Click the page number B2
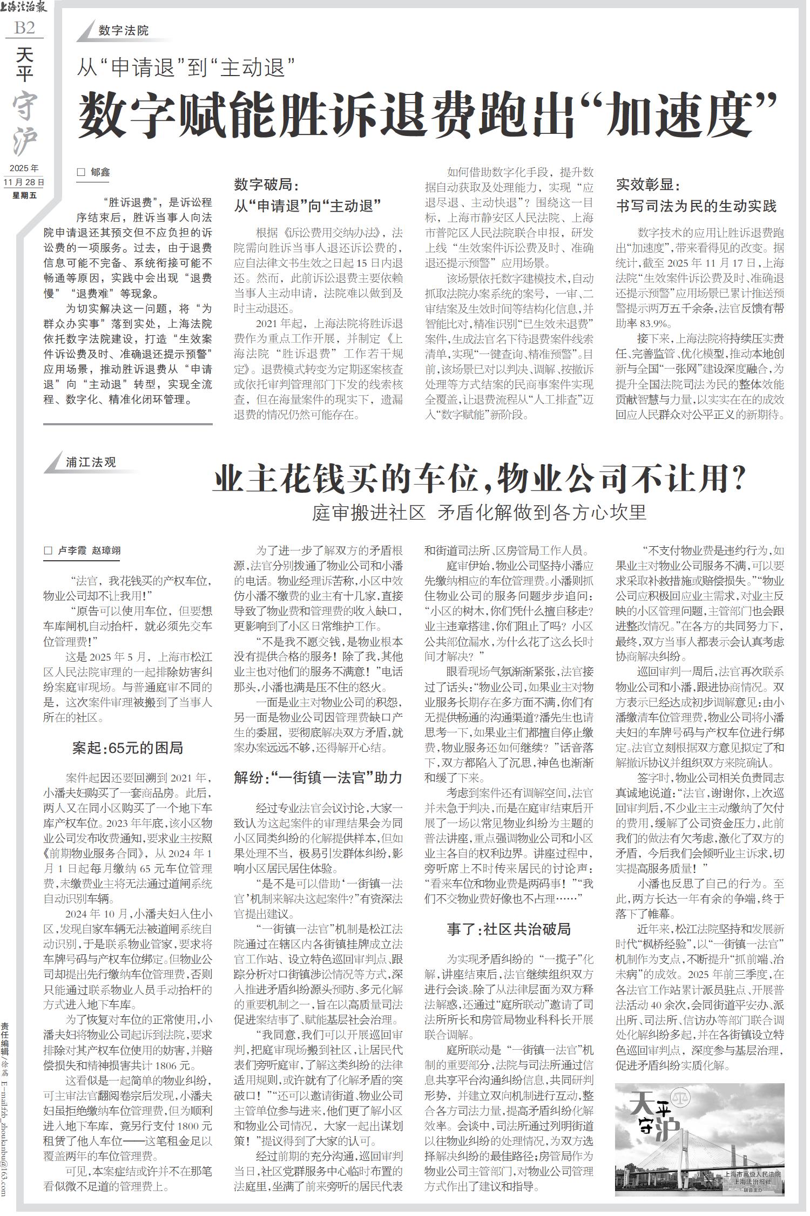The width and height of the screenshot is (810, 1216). pos(24,28)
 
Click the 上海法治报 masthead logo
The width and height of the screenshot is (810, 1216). pos(24,8)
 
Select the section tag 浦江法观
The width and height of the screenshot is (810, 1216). pos(91,463)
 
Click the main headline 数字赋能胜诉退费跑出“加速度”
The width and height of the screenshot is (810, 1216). pos(429,114)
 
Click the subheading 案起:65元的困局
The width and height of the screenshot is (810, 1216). pos(127,748)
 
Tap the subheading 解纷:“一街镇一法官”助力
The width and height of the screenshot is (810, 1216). pos(318,777)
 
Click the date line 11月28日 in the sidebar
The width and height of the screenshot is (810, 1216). pos(24,182)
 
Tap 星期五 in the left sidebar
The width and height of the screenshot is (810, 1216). pos(24,195)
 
